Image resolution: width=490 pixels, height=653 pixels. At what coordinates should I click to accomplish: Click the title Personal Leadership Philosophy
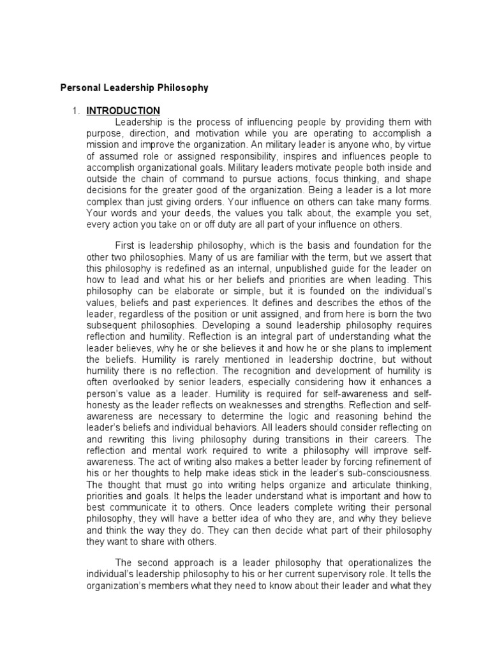pyautogui.click(x=134, y=88)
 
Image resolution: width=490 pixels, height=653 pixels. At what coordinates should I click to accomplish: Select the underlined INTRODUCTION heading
pyautogui.click(x=123, y=111)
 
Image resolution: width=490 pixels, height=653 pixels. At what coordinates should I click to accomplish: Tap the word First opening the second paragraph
pyautogui.click(x=126, y=246)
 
